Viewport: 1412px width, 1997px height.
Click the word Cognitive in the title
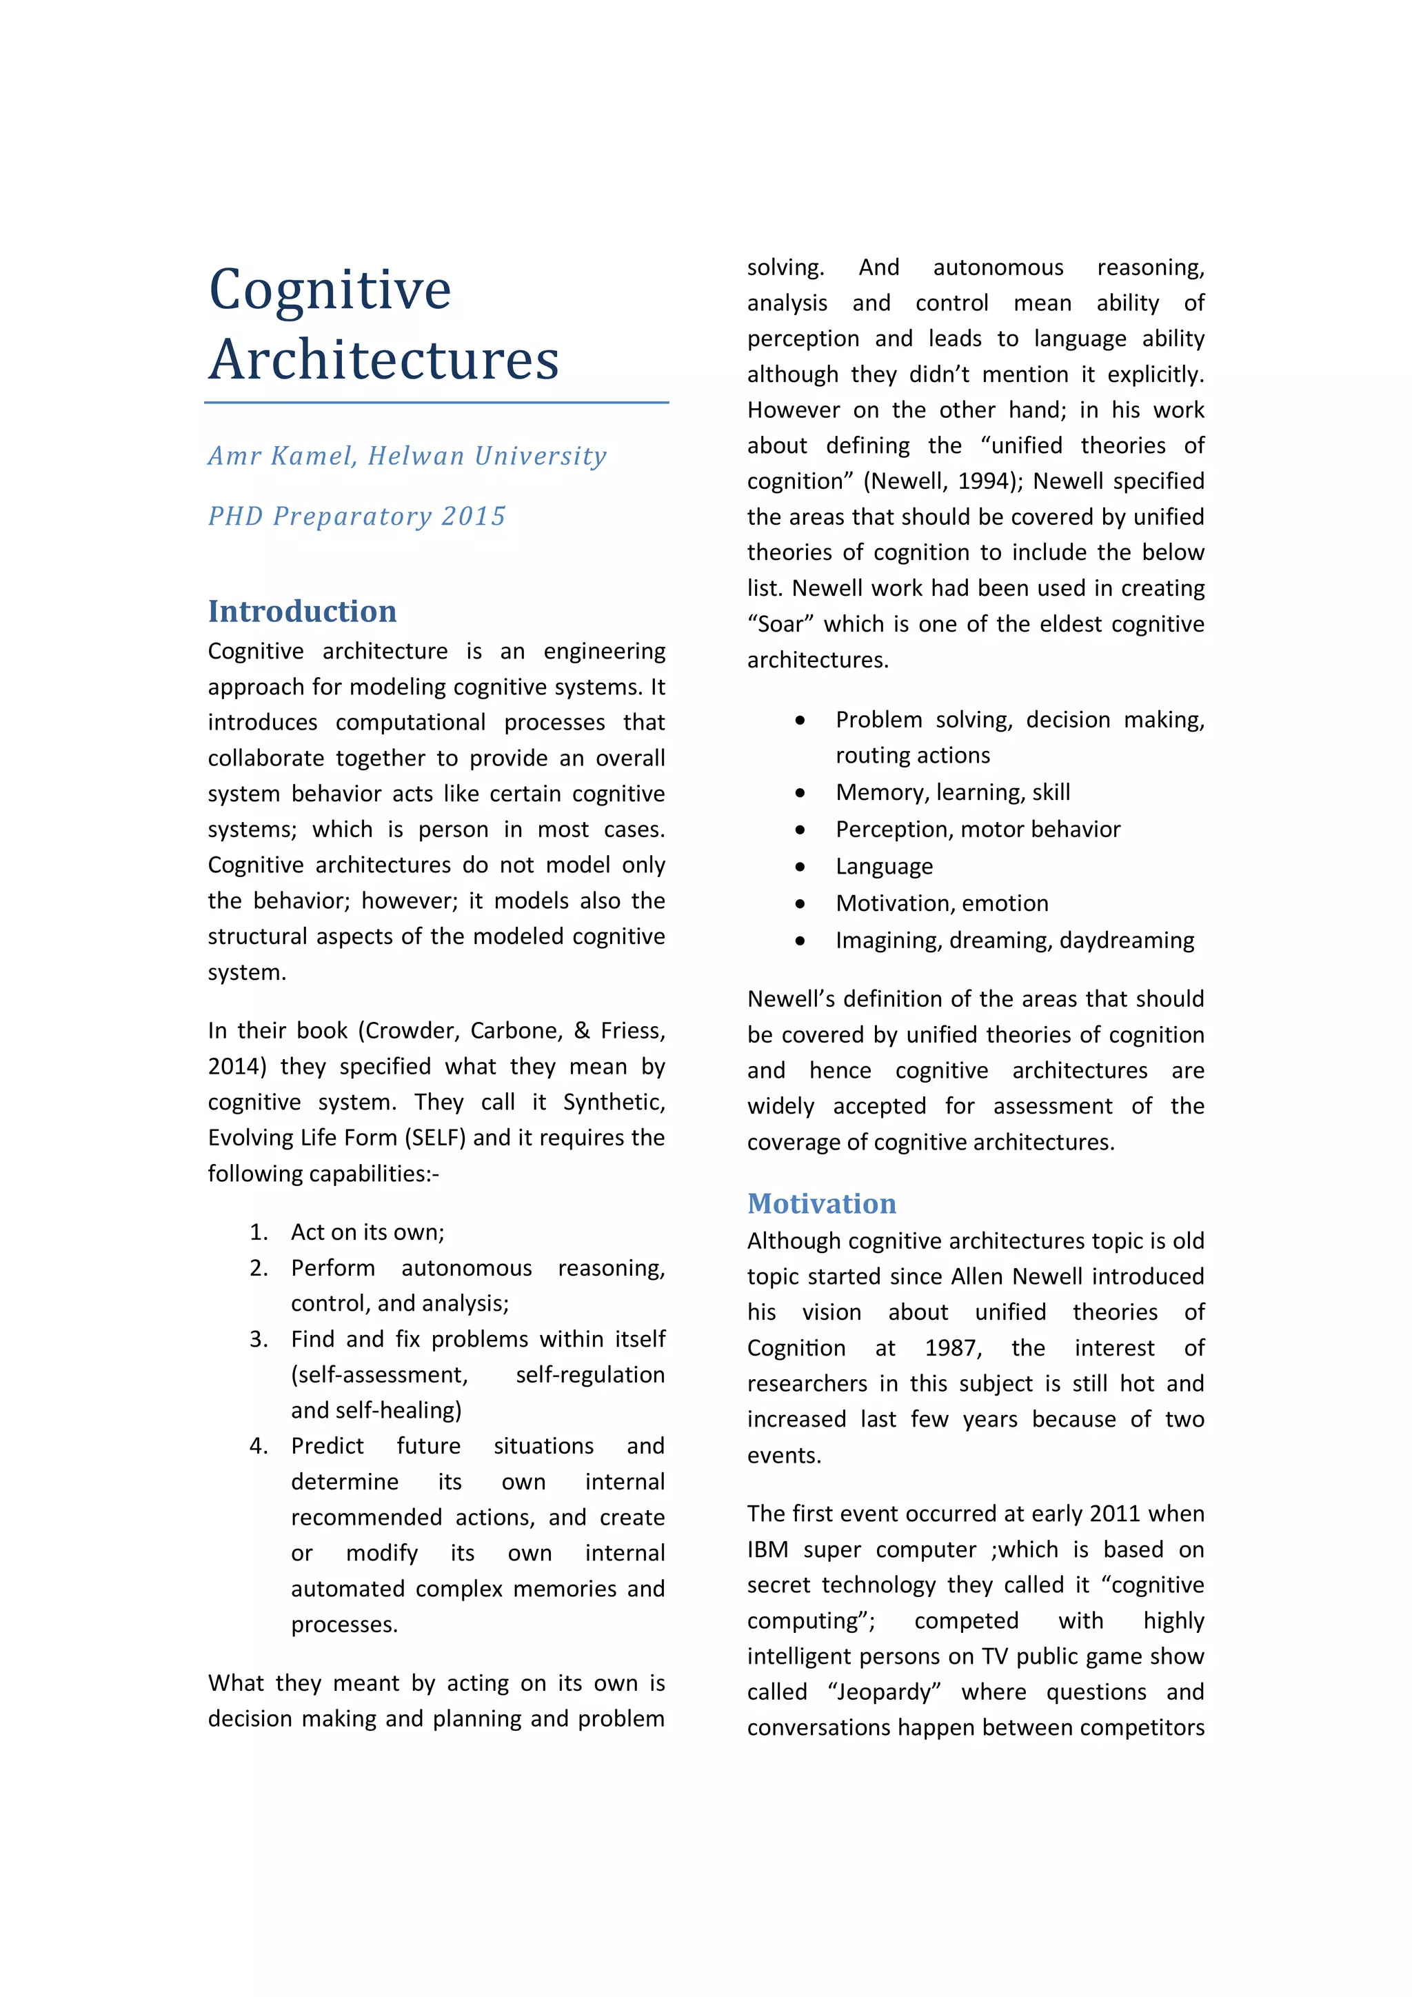click(x=330, y=290)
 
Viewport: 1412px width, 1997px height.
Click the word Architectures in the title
click(x=383, y=360)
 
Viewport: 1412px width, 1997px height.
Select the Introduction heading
click(x=302, y=612)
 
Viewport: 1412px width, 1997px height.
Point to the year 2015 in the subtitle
click(x=473, y=516)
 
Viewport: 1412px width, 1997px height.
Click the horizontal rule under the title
click(x=436, y=403)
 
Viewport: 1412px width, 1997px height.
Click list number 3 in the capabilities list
click(x=259, y=1339)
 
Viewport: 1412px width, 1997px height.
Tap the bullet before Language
click(x=799, y=866)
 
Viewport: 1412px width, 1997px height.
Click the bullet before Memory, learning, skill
click(x=799, y=792)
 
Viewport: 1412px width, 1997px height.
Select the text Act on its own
click(x=366, y=1232)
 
